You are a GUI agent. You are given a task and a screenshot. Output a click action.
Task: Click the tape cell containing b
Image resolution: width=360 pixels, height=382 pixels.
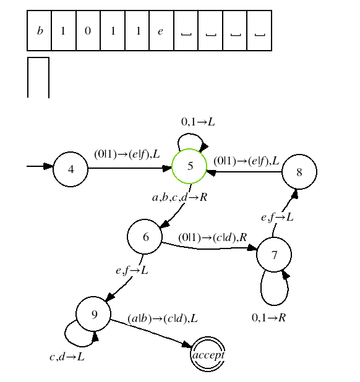tap(39, 30)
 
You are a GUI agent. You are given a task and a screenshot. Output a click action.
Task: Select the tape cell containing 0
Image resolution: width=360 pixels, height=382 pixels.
tap(88, 30)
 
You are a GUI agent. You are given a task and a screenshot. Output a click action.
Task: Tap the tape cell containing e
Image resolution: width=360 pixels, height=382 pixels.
tap(161, 30)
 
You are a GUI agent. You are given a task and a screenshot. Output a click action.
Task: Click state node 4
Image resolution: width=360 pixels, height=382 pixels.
tap(71, 169)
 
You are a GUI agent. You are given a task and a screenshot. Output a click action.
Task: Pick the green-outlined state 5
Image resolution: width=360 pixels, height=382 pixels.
tap(189, 166)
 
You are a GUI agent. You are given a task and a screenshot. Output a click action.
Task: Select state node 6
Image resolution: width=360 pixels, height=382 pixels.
tap(145, 237)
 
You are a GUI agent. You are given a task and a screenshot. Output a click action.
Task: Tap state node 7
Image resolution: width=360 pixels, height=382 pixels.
tap(274, 255)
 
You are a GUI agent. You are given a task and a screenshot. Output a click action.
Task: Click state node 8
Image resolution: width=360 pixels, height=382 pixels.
tap(299, 172)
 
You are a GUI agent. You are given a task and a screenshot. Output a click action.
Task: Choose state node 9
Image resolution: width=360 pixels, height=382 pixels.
tap(93, 314)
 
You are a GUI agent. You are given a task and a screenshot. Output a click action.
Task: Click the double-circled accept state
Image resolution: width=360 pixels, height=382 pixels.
tap(208, 354)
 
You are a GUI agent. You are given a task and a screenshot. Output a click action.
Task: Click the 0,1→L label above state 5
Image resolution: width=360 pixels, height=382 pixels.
tap(198, 122)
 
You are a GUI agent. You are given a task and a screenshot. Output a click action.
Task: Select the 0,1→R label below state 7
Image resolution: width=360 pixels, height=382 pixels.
tap(268, 318)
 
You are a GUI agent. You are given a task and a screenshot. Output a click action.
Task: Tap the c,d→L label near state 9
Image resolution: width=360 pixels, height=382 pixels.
tap(67, 357)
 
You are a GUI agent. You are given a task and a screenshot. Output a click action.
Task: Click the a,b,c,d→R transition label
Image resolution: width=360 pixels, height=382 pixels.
tap(179, 197)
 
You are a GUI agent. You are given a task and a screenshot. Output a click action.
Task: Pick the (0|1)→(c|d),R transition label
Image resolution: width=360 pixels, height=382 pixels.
tap(213, 237)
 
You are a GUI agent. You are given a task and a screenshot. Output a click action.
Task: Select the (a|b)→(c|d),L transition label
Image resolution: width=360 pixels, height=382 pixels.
tap(163, 319)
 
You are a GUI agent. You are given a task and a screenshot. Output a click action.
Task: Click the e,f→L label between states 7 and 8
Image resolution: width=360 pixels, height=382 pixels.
tap(277, 218)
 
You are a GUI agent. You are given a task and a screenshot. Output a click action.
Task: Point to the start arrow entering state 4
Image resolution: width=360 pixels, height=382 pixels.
tap(40, 166)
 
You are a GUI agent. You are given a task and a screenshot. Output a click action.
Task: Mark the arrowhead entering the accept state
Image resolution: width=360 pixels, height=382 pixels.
tap(187, 345)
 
